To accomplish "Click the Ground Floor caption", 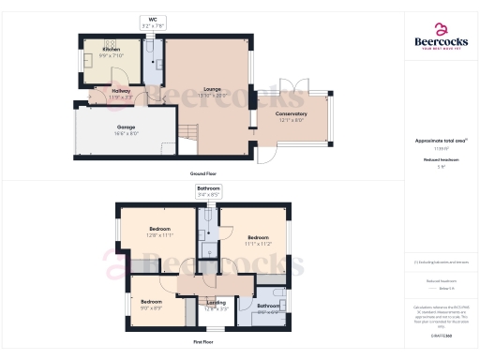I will (203, 174).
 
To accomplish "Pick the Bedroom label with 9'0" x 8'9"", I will (149, 304).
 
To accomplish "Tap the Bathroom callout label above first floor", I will (208, 191).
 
